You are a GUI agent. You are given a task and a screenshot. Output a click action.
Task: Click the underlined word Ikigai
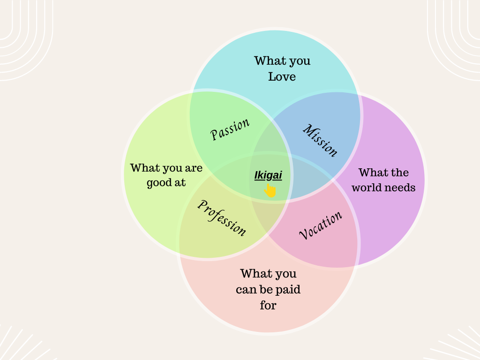click(x=268, y=175)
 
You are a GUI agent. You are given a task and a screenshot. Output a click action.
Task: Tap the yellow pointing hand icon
click(x=270, y=190)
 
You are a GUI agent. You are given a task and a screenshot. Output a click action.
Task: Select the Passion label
click(x=230, y=129)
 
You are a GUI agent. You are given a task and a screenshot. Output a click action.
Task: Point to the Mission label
click(x=320, y=140)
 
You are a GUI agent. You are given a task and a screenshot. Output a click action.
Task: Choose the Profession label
click(x=222, y=217)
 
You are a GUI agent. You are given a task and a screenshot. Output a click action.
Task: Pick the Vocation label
click(x=321, y=225)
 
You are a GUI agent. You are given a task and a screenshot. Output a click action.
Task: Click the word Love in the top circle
click(x=282, y=76)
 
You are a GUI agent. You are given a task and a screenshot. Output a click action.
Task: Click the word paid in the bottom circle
click(x=288, y=289)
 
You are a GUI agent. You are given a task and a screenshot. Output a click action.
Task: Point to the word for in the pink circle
click(x=268, y=305)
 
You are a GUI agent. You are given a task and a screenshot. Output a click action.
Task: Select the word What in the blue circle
click(x=267, y=60)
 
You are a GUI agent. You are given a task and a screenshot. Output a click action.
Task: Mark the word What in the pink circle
click(x=253, y=273)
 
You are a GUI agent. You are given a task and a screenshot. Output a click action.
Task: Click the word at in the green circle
click(x=180, y=183)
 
